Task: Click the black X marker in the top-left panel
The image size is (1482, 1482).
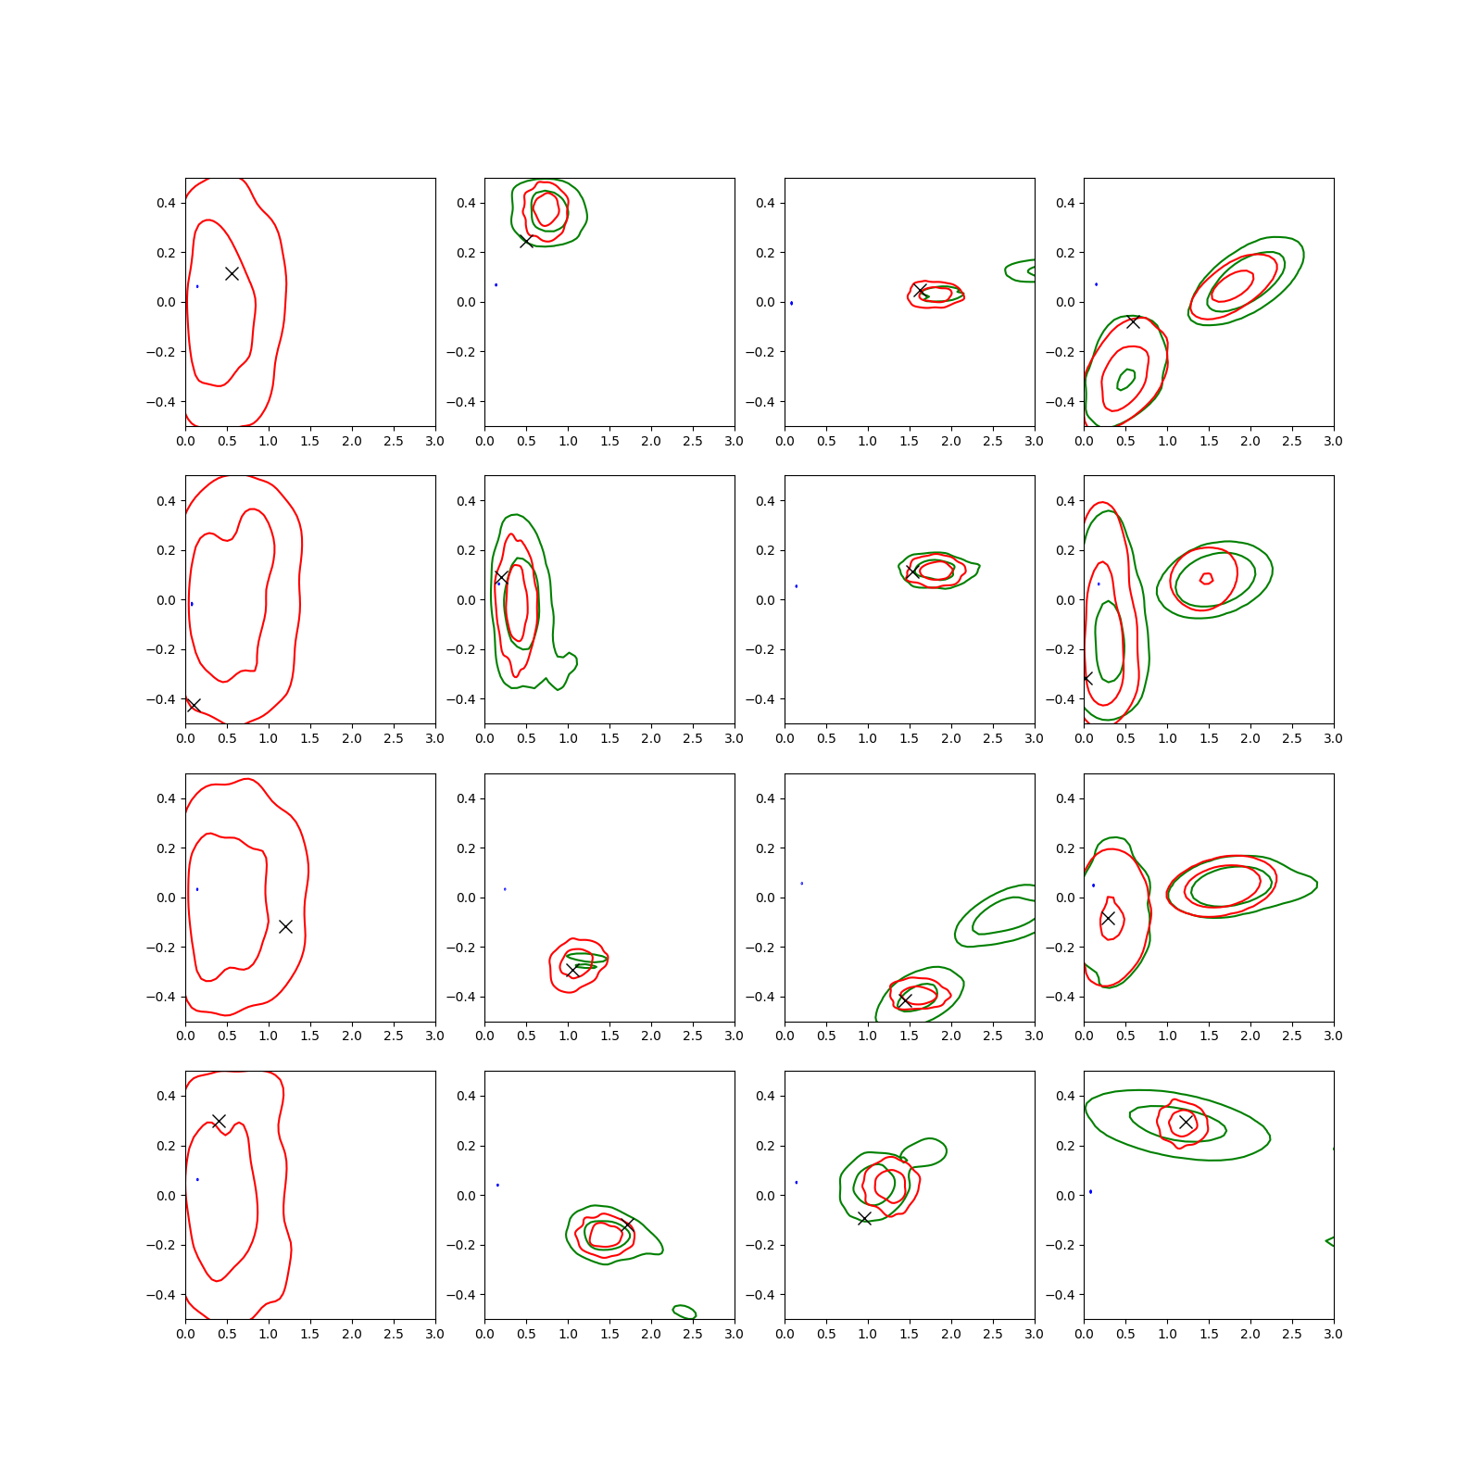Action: (232, 273)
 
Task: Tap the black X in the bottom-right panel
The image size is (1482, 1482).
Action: (1186, 1122)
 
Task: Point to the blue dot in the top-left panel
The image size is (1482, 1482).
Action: (197, 286)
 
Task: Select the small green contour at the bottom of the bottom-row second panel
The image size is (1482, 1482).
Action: (684, 1311)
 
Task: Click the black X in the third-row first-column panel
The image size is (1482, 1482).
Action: (285, 926)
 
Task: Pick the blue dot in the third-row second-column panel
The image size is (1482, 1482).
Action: (505, 889)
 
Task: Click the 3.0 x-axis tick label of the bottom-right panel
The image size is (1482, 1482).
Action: (1333, 1334)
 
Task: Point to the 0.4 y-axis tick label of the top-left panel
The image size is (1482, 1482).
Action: (166, 203)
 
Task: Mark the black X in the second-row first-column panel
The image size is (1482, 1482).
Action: (193, 705)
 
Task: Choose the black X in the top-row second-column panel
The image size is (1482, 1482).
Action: (526, 241)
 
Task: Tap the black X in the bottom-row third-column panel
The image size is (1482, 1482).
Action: (864, 1218)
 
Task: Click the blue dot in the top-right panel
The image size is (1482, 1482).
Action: (1097, 284)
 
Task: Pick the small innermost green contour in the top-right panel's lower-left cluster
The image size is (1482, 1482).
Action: (1126, 379)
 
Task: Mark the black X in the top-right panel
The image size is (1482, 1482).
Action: (1133, 321)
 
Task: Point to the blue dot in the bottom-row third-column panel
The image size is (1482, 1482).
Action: (797, 1182)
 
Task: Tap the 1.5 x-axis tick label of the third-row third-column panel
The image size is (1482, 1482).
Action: (909, 1036)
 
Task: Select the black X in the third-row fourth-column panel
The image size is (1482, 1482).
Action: (1108, 918)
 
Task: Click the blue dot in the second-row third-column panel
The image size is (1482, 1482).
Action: (797, 586)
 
